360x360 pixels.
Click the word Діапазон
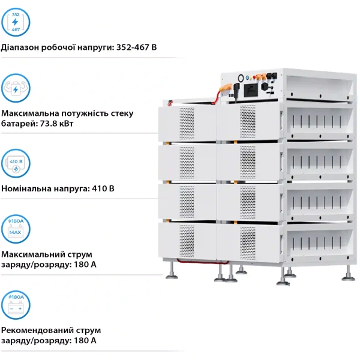[21, 47]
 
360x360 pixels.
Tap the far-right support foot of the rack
[349, 275]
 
